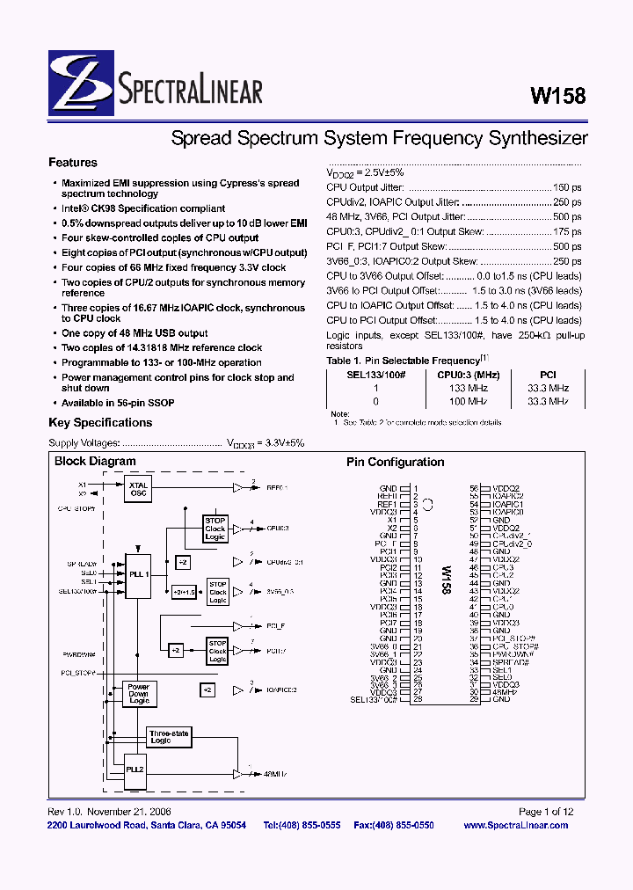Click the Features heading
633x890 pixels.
click(x=73, y=163)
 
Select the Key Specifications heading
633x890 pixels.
click(x=100, y=422)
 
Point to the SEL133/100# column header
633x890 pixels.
click(x=376, y=375)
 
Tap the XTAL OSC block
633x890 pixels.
click(x=138, y=488)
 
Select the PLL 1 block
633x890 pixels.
click(x=138, y=573)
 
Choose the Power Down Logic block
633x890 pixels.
click(x=138, y=693)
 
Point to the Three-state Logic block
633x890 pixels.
click(x=169, y=737)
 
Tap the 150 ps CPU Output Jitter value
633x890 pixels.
click(x=567, y=187)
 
